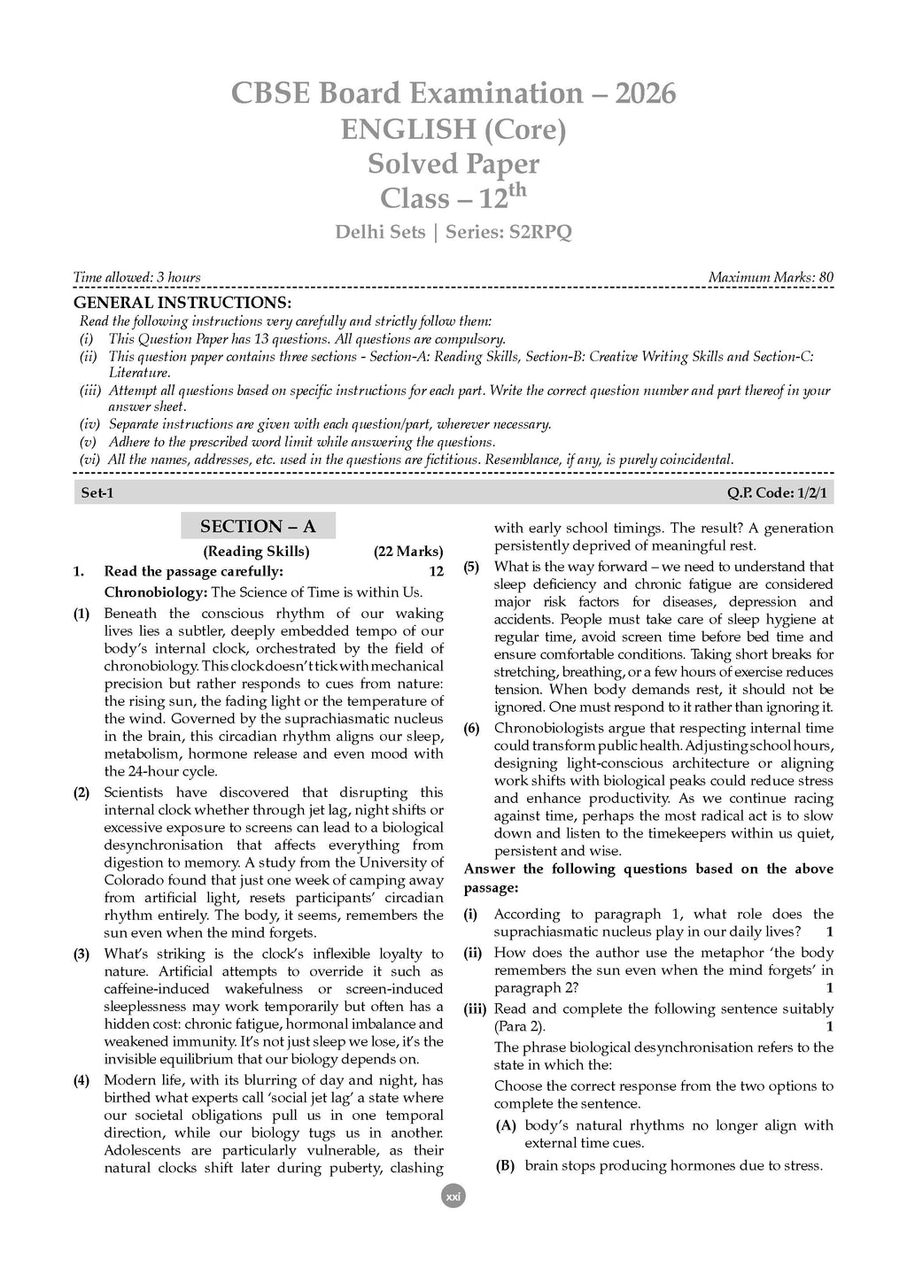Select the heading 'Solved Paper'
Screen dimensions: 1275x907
453,164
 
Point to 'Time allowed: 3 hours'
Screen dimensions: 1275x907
136,277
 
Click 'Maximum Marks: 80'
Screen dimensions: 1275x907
771,277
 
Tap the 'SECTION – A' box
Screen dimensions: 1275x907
258,526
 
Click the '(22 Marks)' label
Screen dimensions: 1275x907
408,552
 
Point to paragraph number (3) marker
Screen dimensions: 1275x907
81,954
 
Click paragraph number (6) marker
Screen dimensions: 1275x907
472,729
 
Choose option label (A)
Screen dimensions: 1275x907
506,1125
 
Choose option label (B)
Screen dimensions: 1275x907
506,1166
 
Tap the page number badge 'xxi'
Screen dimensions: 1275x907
453,1196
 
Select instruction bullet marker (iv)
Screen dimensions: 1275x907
89,424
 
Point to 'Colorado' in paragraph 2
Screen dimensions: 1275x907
132,880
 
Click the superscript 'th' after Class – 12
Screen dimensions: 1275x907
517,189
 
